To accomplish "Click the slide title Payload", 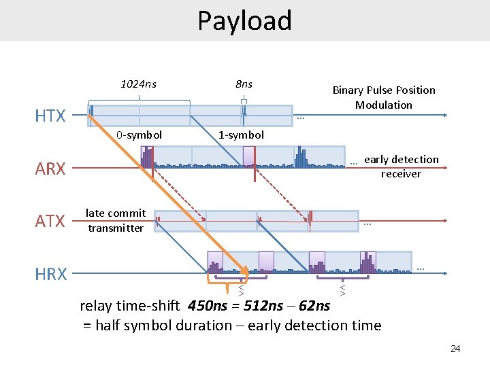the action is (244, 20).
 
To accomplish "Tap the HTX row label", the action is (50, 116).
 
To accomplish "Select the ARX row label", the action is (50, 169).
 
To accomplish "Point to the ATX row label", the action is (50, 221).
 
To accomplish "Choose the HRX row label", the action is (51, 274).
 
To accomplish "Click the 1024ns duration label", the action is (138, 84).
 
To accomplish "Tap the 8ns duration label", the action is (244, 84).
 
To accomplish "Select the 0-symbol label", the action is (139, 135).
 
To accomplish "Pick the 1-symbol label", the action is (241, 135).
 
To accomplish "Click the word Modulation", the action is (384, 105).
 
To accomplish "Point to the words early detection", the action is (402, 160).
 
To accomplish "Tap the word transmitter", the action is (116, 228).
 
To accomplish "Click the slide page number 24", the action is (455, 349).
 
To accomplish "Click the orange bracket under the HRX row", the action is (226, 278).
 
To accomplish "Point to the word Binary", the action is (348, 90).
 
